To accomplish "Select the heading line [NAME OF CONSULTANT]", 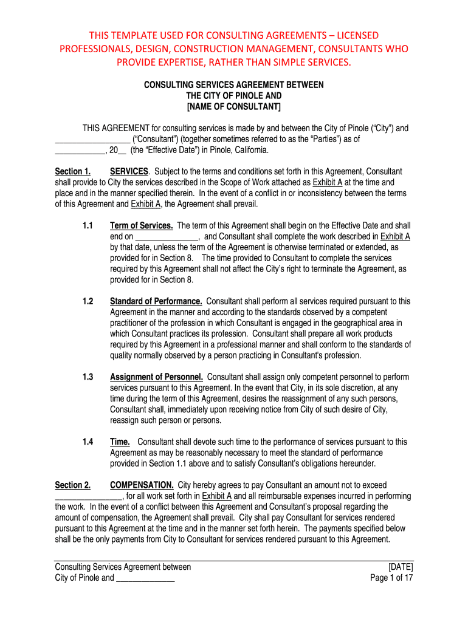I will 233,107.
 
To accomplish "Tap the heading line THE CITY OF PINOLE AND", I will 233,96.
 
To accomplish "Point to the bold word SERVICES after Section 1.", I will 129,172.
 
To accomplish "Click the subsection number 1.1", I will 88,225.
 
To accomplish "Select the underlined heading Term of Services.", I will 142,225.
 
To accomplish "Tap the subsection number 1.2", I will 88,301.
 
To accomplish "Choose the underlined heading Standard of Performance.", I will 156,301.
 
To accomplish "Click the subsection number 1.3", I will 88,377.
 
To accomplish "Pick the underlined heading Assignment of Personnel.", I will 156,377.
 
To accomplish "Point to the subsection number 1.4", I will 88,442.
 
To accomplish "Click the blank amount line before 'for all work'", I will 89,497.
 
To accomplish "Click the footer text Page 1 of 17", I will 391,578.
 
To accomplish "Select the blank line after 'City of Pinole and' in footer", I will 145,579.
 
